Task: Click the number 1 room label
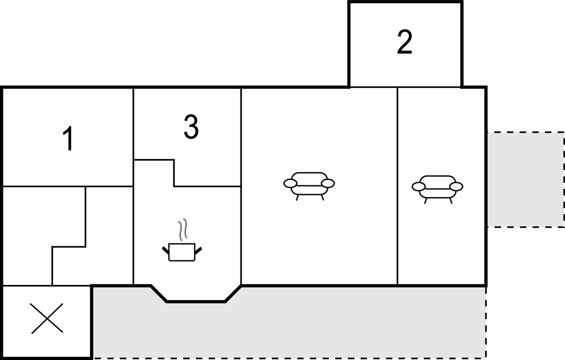point(68,139)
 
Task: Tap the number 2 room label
point(404,42)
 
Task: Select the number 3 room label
point(191,126)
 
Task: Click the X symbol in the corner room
point(47,318)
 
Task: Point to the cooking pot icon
point(182,252)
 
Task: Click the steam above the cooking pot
point(183,230)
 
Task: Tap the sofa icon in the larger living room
point(309,186)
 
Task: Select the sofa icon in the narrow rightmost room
point(438,189)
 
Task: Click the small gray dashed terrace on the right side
point(526,179)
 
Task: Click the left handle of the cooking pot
point(166,250)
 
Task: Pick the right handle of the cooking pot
point(198,250)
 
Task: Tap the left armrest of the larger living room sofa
point(290,184)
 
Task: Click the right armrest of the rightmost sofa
point(456,187)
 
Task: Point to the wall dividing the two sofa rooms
point(397,187)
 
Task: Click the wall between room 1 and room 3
point(134,137)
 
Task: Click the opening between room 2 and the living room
point(405,87)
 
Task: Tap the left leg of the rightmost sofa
point(425,201)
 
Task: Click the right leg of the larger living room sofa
point(322,198)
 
